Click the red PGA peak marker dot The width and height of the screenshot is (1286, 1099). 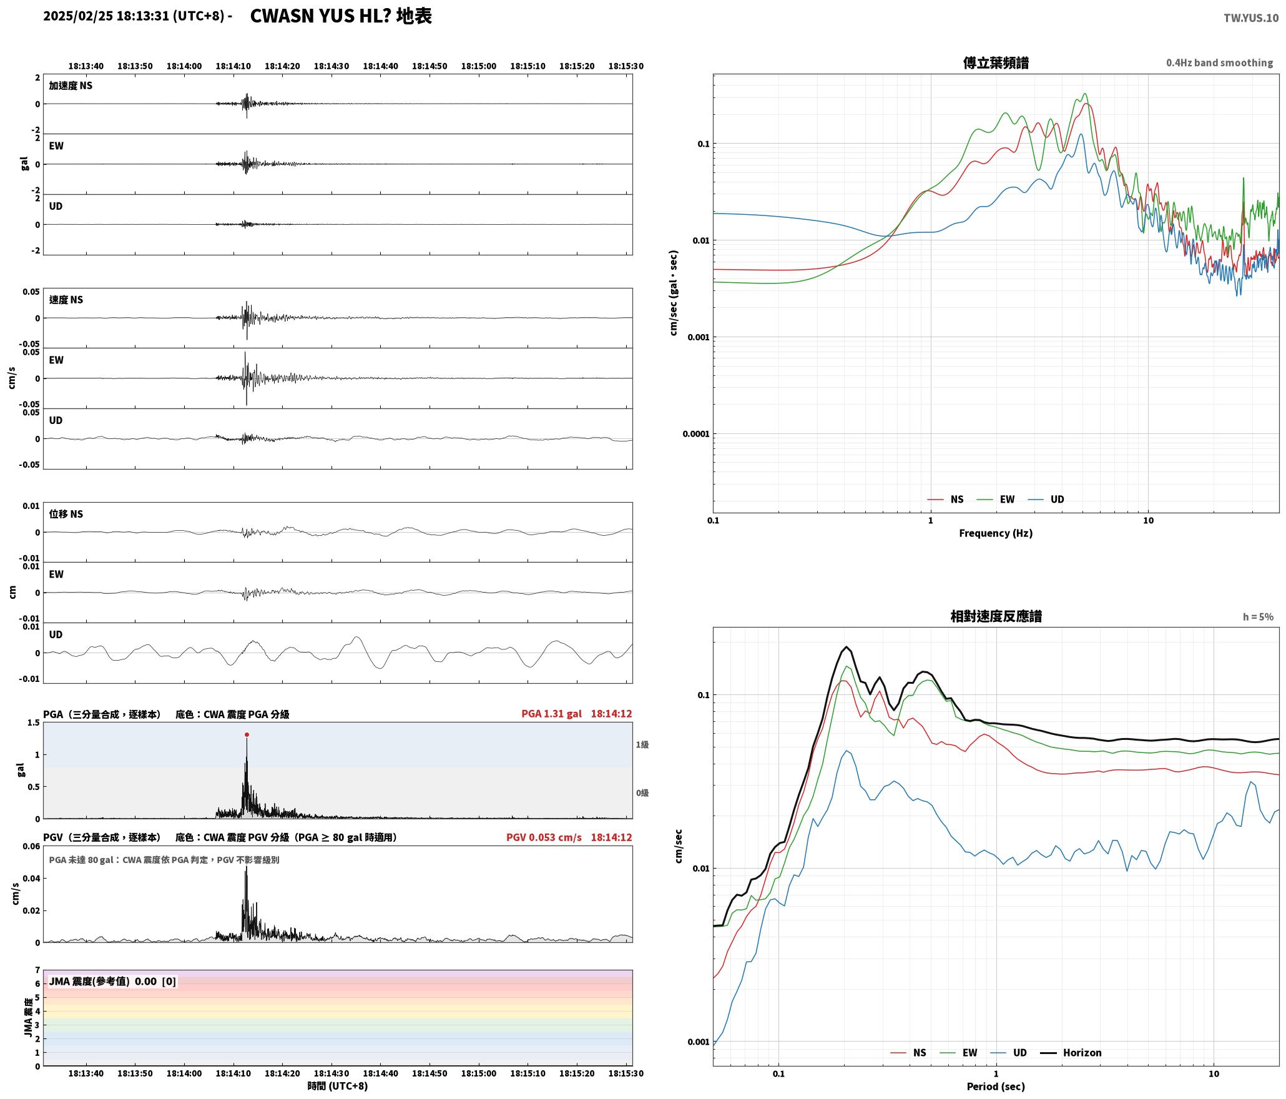tap(247, 734)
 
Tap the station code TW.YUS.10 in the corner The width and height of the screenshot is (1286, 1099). tap(1250, 18)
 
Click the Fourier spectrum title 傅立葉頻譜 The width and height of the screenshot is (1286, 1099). tap(996, 63)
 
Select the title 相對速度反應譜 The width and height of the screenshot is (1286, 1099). tap(996, 616)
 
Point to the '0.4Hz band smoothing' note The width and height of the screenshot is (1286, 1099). tap(1219, 63)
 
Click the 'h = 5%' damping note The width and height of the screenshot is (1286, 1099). tap(1258, 617)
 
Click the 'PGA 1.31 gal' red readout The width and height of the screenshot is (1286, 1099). tap(551, 713)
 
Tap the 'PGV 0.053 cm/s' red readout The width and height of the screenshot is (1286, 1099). tap(544, 837)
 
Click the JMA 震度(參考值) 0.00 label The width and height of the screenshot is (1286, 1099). tap(103, 981)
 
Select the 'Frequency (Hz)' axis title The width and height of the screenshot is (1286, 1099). tap(996, 533)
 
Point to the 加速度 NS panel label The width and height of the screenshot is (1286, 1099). tap(71, 86)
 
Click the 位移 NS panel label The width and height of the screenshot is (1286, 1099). tap(66, 514)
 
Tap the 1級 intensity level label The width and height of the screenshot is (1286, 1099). tap(642, 744)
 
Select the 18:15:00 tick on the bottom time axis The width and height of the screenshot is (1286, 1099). tap(479, 1073)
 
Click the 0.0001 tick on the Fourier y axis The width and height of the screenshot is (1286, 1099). tap(696, 434)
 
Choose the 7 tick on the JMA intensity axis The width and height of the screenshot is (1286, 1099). tap(37, 970)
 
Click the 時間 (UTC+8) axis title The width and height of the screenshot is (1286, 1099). tap(337, 1086)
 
